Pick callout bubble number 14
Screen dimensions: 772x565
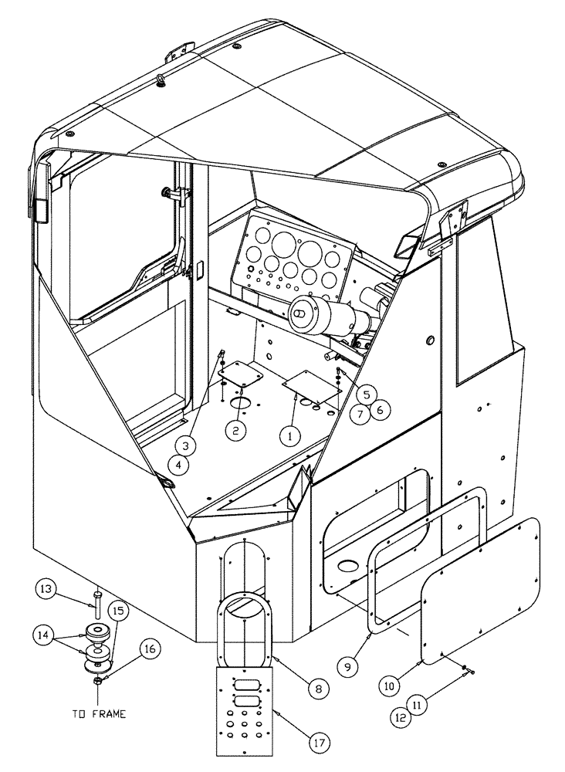click(45, 636)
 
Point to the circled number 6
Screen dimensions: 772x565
click(377, 410)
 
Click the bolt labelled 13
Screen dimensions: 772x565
click(99, 606)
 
